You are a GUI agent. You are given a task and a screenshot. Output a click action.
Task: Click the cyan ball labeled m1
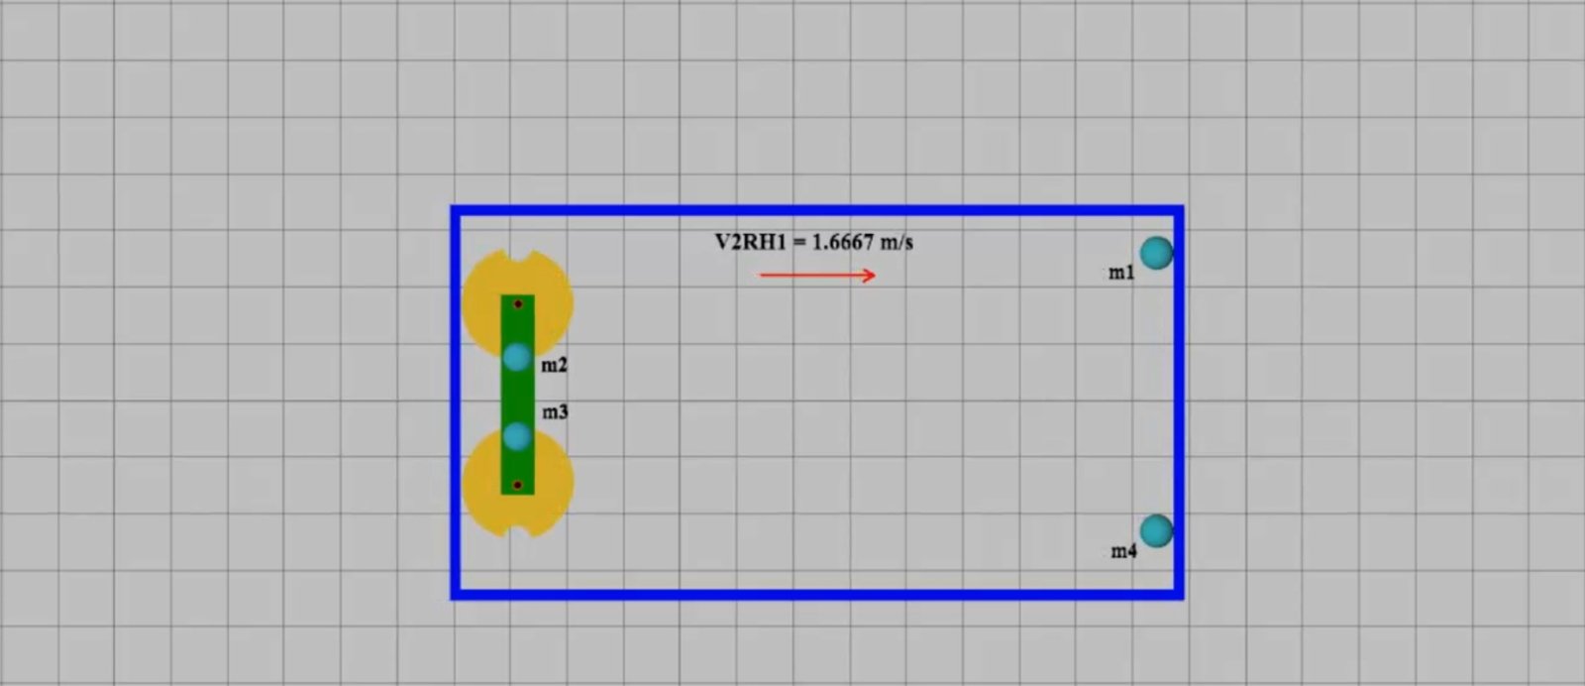pos(1156,254)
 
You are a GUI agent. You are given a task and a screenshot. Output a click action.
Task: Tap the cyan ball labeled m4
pos(1156,531)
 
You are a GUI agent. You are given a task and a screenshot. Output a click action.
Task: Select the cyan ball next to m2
pos(517,358)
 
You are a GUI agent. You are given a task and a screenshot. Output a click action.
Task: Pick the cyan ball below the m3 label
pos(517,437)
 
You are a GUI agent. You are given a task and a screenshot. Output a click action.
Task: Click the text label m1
pos(1121,273)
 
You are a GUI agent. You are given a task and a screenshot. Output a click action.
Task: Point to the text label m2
pos(554,365)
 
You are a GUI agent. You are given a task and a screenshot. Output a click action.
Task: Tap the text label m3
pos(556,412)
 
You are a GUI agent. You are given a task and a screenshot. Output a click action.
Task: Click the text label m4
pos(1123,551)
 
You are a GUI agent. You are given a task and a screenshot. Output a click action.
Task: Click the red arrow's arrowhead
pos(870,276)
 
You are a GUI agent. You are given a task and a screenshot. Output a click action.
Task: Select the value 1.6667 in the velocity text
pos(843,242)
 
